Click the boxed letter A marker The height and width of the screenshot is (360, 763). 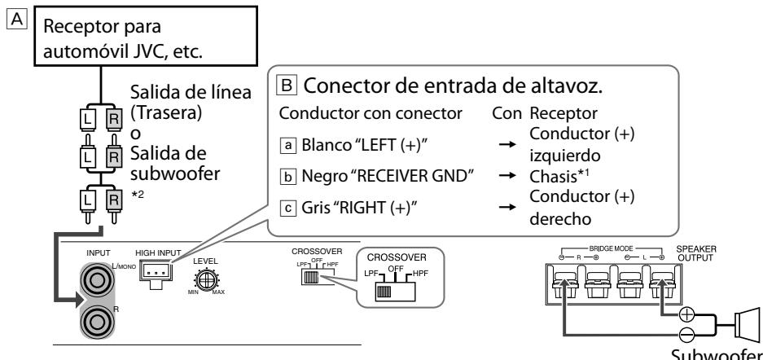16,20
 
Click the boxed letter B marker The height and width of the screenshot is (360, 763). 287,86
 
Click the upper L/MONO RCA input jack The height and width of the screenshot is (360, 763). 96,281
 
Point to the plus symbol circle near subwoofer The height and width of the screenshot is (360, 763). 686,315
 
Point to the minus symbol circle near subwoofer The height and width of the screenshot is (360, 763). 686,334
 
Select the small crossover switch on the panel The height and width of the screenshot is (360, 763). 310,278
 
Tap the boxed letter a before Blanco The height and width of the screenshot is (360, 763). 288,145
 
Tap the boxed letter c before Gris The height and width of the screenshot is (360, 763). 288,209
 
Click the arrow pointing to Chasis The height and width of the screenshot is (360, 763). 507,176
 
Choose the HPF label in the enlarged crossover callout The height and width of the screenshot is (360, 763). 420,274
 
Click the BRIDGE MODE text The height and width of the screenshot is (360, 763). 611,248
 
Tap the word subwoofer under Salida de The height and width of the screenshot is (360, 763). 175,173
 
